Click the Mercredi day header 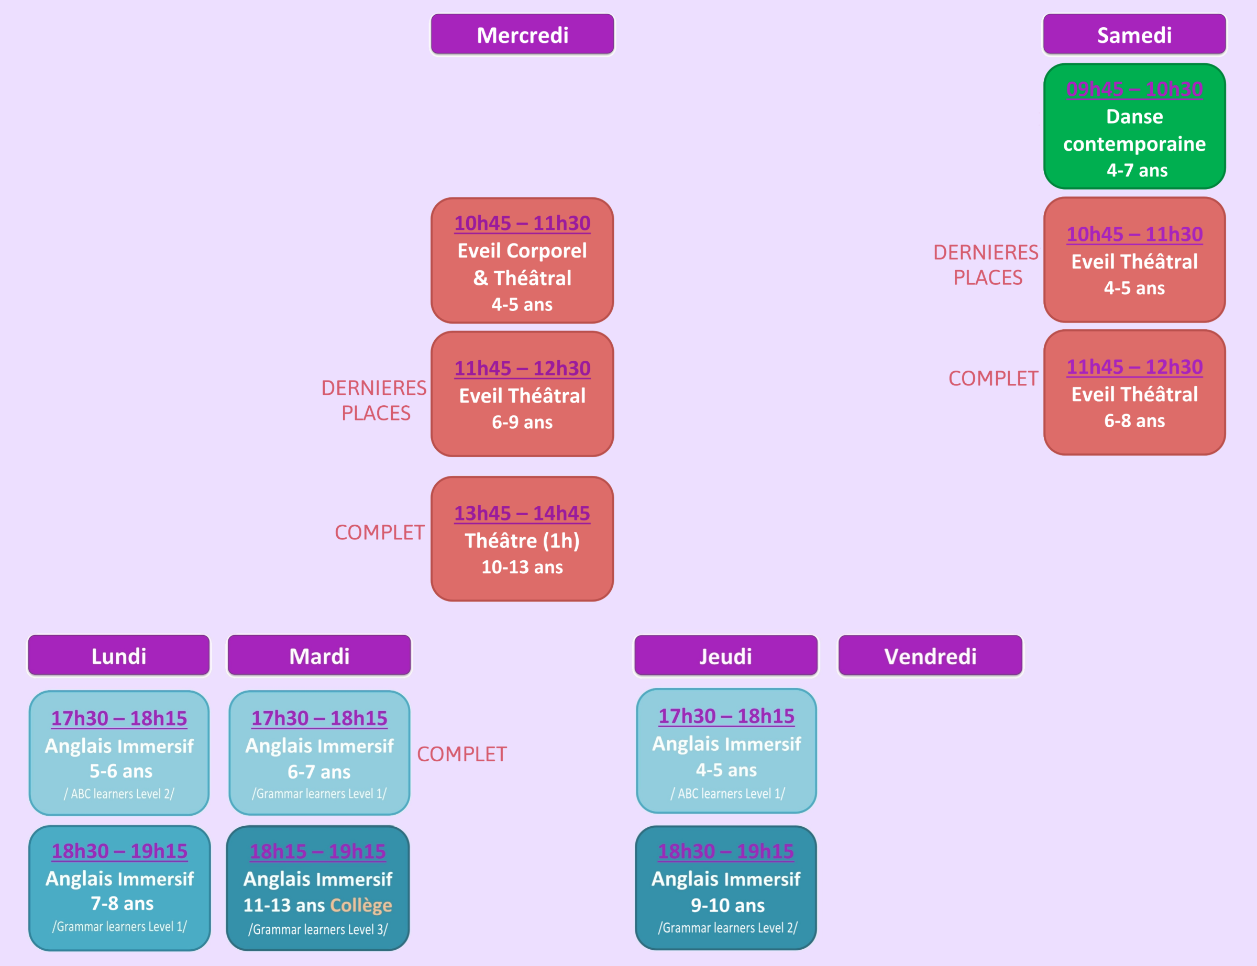522,35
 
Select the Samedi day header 1134,35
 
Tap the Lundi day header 119,656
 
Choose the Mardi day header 319,656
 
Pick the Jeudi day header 726,656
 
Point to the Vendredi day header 930,656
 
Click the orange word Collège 361,905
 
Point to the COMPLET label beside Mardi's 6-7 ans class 462,754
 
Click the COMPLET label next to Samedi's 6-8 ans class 993,379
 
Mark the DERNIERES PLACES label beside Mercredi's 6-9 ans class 374,400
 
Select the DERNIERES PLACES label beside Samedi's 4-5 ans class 986,264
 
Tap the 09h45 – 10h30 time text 1134,89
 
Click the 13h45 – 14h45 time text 522,513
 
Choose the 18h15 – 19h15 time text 317,851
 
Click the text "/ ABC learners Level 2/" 119,794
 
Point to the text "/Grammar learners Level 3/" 318,929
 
